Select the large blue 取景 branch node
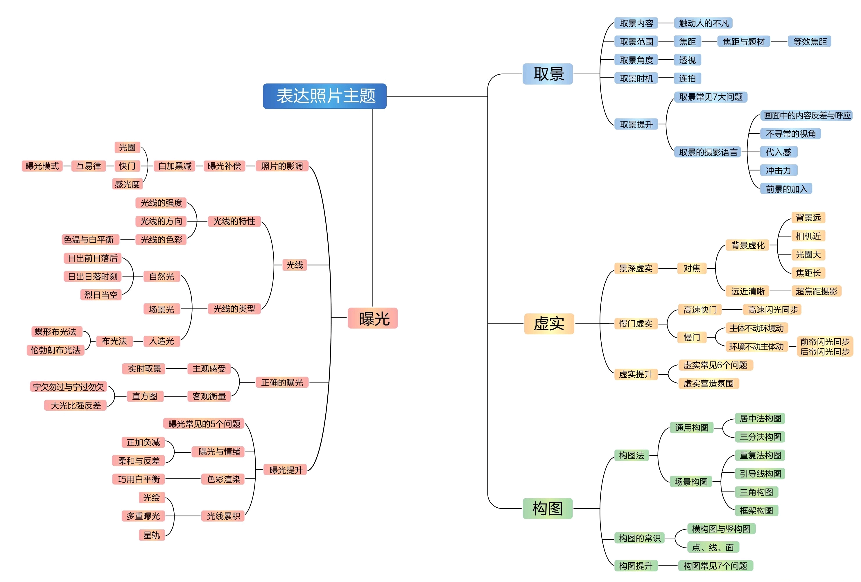coord(548,74)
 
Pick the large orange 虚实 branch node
coord(549,324)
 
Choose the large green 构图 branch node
coord(548,508)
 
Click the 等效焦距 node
coord(810,42)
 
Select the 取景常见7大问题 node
coord(711,97)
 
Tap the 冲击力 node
coord(779,170)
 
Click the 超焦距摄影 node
coord(816,291)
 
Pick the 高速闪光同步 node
coord(772,310)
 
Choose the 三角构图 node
coord(756,492)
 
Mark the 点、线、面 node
coord(713,547)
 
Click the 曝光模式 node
coord(42,166)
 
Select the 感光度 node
coord(127,184)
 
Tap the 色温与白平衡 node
coord(89,240)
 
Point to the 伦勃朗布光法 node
coord(55,350)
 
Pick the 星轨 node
coord(152,535)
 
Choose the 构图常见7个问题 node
coord(715,566)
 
